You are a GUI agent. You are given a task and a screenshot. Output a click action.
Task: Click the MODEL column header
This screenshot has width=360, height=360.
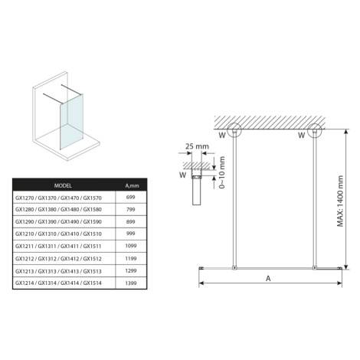pos(63,185)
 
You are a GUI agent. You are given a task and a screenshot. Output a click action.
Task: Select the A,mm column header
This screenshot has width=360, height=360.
pos(132,186)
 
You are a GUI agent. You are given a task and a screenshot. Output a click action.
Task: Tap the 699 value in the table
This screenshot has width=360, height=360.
pos(131,198)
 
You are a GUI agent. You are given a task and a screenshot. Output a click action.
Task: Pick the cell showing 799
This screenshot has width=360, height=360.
pos(131,209)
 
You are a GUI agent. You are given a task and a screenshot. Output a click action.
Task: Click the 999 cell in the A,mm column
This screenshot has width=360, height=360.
pos(131,234)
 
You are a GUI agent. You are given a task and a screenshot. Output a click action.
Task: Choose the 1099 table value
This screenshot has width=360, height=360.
pos(131,246)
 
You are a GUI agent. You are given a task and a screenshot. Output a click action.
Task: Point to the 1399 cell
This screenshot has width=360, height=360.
pos(131,283)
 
